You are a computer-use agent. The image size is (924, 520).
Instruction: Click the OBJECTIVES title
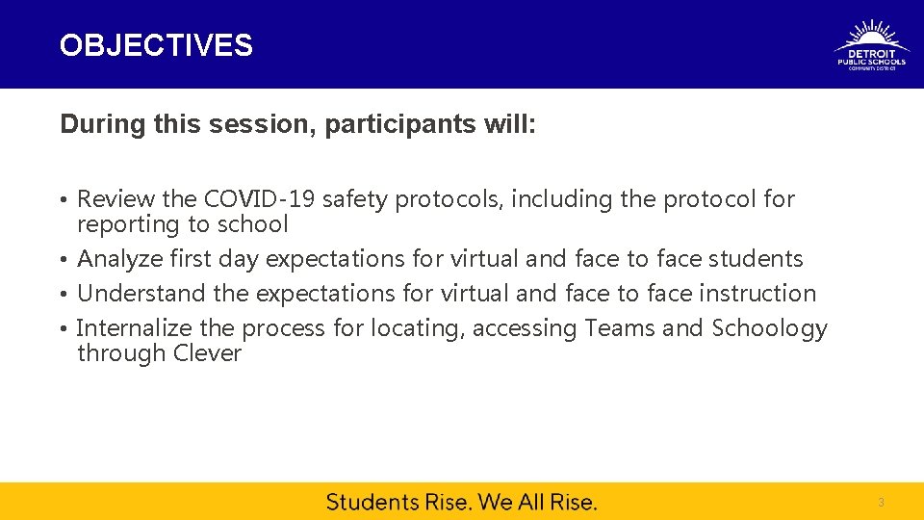point(156,45)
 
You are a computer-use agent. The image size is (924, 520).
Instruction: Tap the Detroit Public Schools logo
point(871,45)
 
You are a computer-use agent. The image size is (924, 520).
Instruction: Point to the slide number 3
point(880,503)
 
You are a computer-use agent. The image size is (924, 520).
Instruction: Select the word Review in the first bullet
point(115,199)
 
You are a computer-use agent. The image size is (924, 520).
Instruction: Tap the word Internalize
point(134,328)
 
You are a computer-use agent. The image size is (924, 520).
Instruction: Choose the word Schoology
point(769,328)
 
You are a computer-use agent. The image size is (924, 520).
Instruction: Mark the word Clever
point(207,353)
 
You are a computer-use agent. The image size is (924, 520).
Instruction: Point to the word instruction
point(757,293)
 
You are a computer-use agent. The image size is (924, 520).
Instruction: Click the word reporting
point(122,224)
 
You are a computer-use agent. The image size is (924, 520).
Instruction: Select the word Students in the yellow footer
point(372,502)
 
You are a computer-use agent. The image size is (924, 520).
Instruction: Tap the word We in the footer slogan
point(495,502)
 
